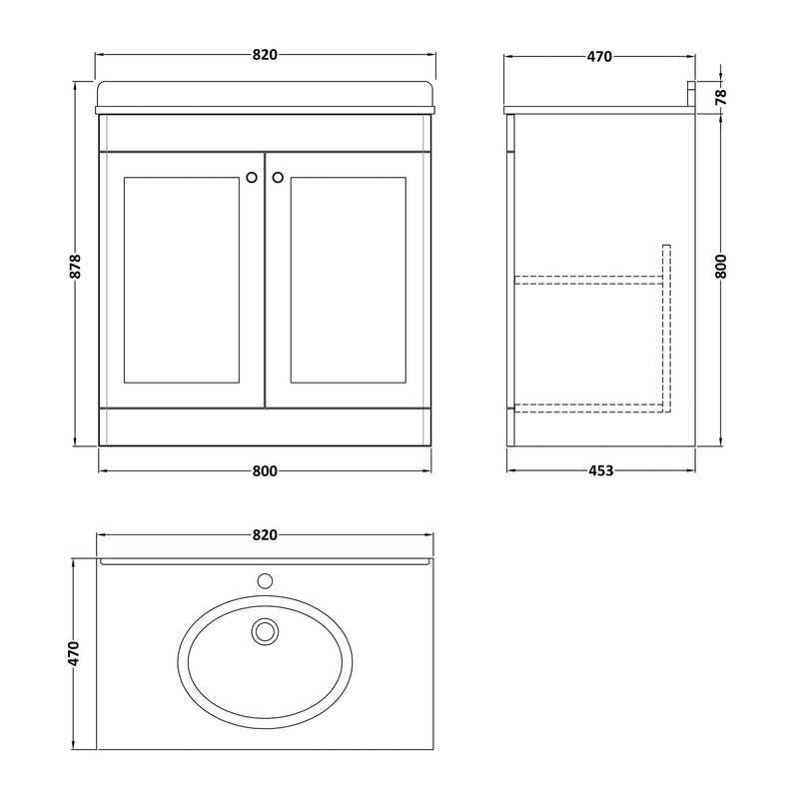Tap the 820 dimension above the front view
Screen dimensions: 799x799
pos(264,56)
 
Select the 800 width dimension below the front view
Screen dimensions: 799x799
pos(264,472)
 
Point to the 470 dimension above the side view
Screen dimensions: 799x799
pos(598,56)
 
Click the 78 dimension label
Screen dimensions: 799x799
pos(721,96)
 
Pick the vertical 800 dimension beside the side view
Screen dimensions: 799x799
pos(721,266)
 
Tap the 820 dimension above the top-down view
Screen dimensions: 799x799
pos(264,535)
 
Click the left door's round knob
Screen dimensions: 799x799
pos(250,178)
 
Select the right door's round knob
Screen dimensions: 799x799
pos(278,178)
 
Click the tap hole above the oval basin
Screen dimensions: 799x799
pos(265,578)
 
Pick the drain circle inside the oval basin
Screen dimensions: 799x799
pos(265,630)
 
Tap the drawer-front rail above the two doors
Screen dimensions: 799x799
pos(264,132)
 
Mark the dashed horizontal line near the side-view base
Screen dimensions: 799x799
pos(589,404)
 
